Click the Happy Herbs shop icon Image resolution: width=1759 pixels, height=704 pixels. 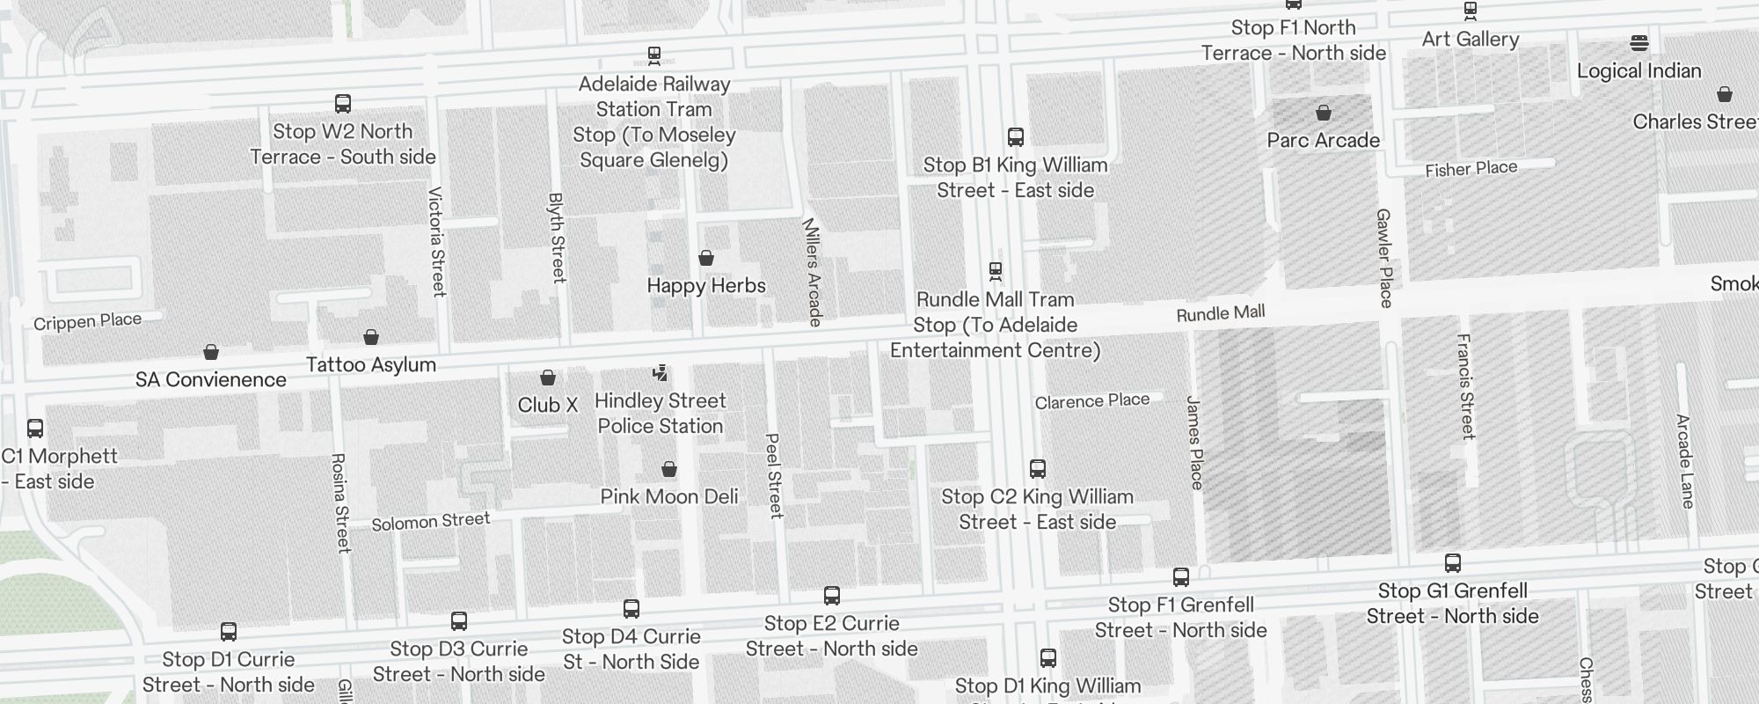point(705,258)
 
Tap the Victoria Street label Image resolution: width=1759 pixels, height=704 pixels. point(437,241)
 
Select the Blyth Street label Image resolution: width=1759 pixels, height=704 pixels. point(557,238)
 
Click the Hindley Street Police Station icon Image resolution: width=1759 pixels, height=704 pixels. point(660,373)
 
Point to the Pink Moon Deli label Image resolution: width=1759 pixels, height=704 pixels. point(669,496)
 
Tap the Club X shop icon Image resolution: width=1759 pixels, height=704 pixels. point(548,378)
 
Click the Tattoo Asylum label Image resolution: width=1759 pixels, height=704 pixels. point(370,364)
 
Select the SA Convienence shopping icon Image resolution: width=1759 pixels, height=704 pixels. point(211,352)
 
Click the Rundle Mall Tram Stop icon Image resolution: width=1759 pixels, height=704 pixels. point(996,270)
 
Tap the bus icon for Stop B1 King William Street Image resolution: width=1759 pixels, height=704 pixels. point(1016,137)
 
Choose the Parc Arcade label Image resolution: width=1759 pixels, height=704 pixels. point(1323,140)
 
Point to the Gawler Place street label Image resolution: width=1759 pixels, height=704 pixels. point(1384,258)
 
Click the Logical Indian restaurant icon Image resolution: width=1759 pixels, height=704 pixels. point(1639,42)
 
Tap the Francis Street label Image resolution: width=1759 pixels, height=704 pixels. point(1465,386)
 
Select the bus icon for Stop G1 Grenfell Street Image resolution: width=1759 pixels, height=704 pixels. point(1453,563)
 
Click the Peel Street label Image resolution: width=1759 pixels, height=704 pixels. point(774,475)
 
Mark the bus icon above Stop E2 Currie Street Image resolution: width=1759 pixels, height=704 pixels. point(832,596)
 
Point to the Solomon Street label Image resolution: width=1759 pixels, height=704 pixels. point(430,521)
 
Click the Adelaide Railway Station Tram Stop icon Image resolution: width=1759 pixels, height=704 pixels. point(654,55)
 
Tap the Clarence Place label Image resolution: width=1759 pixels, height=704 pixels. point(1091,401)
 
